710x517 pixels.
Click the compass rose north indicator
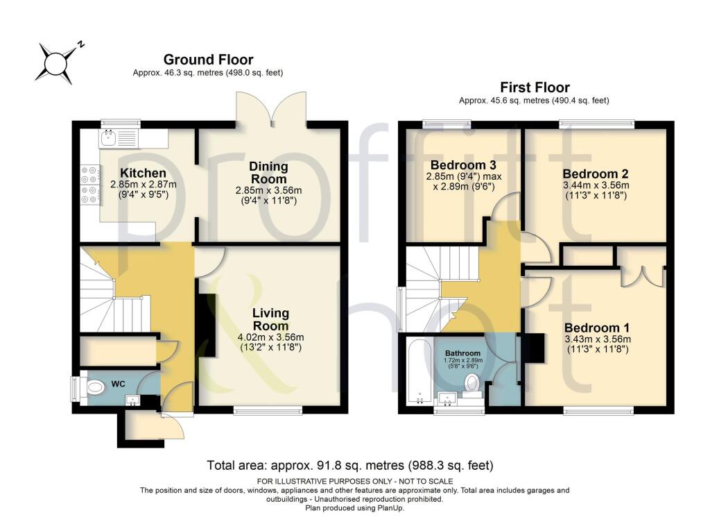click(80, 44)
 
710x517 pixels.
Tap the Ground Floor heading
click(208, 60)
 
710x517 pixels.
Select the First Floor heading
click(535, 87)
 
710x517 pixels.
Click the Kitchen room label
click(143, 173)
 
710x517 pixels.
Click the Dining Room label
click(268, 173)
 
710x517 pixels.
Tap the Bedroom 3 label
click(463, 165)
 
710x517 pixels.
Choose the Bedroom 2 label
click(596, 173)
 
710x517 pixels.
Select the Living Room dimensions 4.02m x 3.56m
click(270, 338)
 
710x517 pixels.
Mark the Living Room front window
click(268, 410)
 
